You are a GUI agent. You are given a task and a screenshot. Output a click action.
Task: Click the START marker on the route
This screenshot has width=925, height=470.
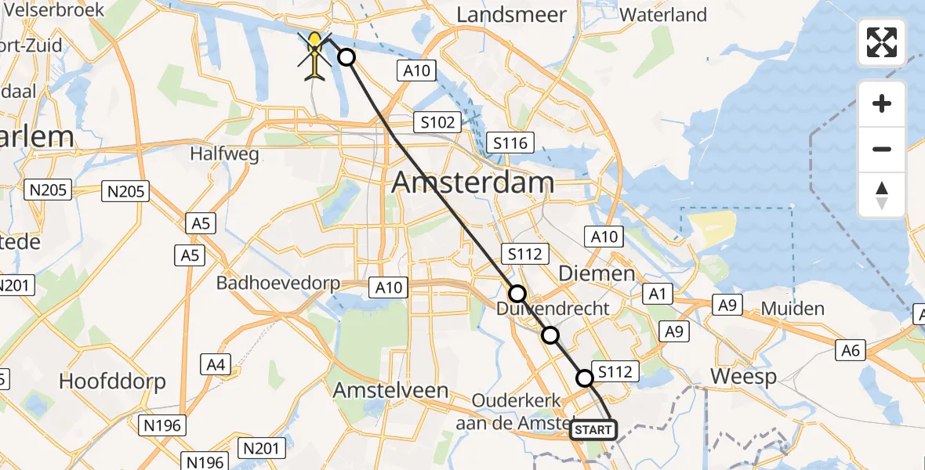point(593,430)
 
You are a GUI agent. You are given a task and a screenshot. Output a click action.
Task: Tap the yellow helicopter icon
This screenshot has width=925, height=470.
point(314,56)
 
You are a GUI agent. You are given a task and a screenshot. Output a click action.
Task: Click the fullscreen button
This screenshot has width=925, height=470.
point(882,42)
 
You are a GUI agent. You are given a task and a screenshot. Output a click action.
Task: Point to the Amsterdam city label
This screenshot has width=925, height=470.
point(472,183)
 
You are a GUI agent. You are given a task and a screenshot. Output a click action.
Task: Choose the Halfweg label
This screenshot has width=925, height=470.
point(224,154)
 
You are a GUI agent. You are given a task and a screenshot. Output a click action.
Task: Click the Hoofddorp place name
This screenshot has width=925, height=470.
point(113,382)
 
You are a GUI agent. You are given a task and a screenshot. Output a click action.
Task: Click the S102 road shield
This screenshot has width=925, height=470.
point(437,122)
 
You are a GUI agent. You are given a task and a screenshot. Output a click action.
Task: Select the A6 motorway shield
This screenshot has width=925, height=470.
point(852,350)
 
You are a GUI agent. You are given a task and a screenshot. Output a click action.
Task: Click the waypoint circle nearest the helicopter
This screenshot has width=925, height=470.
point(346,57)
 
